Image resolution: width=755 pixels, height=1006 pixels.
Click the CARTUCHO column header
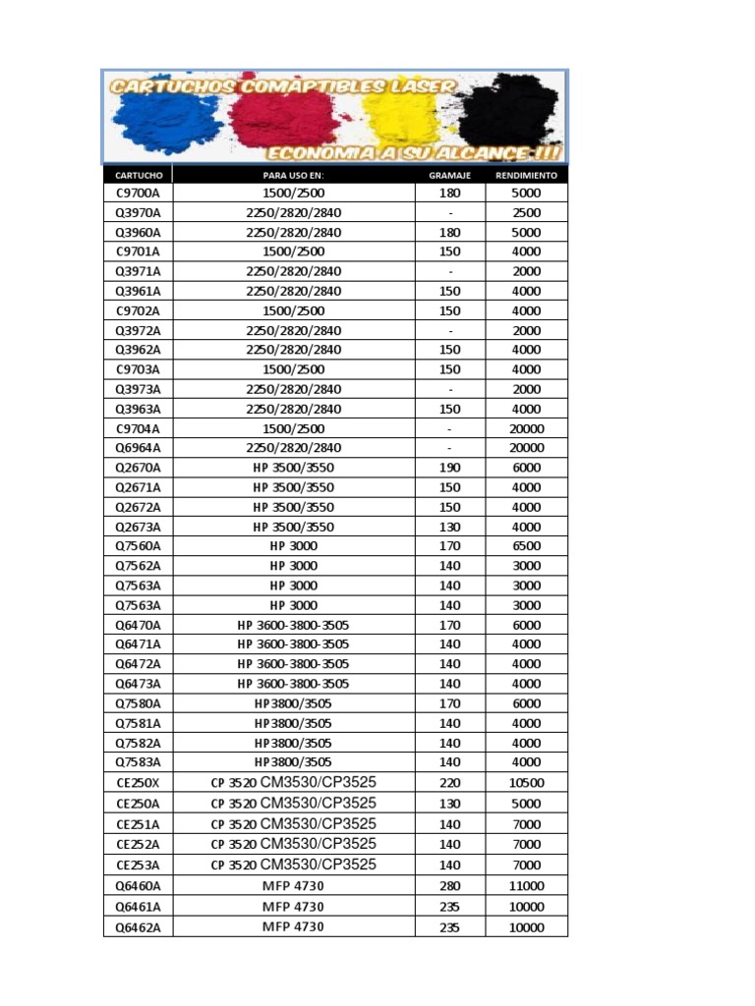tap(138, 175)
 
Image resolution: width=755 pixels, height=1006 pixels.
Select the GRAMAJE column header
tap(450, 175)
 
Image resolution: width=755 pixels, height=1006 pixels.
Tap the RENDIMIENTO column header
tap(527, 175)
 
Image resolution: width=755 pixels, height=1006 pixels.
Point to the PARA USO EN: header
tap(293, 175)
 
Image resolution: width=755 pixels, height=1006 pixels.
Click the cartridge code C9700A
tap(138, 194)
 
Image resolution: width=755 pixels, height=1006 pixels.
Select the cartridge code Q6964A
tap(138, 448)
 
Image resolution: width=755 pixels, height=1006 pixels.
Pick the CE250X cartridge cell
tap(138, 783)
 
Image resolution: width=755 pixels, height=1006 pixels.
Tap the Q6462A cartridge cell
tap(138, 926)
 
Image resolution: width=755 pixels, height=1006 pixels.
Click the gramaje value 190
tap(450, 468)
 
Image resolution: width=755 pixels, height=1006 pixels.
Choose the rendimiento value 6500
tap(527, 546)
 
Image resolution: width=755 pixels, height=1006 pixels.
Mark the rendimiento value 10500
tap(527, 783)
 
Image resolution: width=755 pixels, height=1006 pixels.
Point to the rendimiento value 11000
tap(527, 886)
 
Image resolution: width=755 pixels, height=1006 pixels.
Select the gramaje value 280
tap(450, 886)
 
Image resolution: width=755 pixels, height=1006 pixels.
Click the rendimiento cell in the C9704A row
tap(527, 428)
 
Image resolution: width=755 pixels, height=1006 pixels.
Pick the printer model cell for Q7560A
tap(293, 546)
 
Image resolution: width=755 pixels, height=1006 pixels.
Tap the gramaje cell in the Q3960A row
tap(450, 233)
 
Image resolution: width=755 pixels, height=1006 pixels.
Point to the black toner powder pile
tap(511, 113)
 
